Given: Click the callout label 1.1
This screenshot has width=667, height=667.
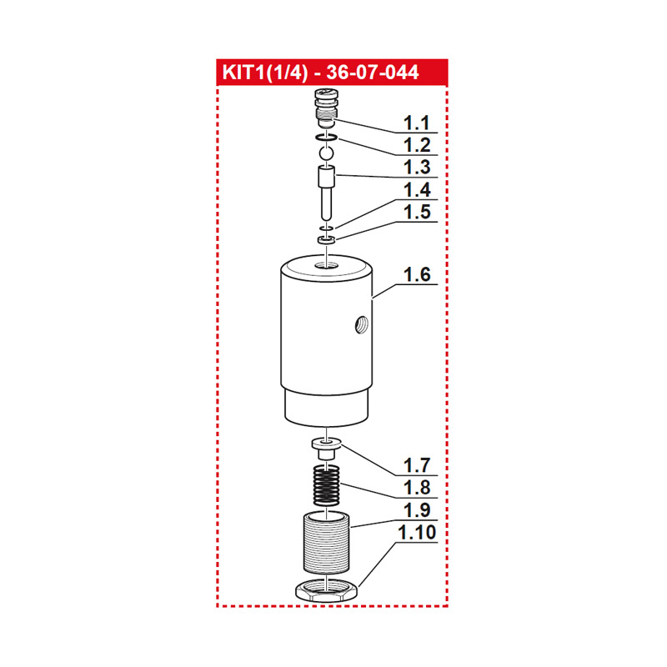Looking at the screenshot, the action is (416, 123).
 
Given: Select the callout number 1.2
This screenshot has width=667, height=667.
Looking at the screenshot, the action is (416, 145).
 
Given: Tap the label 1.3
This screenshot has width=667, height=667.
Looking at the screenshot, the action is (416, 168).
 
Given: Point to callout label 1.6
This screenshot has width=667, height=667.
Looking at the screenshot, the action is (416, 274).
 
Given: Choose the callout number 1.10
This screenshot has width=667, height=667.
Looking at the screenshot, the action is (416, 532).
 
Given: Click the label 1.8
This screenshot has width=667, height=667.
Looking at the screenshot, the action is (416, 488).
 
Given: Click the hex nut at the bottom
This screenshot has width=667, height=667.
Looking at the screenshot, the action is (326, 591).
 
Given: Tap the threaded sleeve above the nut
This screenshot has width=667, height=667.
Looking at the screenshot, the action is (326, 543).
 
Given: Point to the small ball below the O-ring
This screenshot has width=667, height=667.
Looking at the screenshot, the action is (326, 153).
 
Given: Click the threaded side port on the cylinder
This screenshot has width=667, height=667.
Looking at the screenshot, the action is (361, 325).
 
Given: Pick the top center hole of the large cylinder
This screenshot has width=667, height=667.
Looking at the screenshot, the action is (326, 266).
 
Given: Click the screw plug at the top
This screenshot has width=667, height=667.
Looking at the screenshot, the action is (326, 108).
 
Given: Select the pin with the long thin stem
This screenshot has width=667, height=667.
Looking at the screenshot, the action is (326, 193).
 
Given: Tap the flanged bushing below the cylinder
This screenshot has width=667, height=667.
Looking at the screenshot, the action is (326, 448).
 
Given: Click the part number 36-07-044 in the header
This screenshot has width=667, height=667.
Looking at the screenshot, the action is (373, 73).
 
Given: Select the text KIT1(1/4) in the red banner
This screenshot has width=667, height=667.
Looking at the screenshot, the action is (264, 73).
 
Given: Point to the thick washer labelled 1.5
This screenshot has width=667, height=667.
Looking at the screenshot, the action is (326, 240).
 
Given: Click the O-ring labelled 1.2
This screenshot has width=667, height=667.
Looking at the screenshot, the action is (326, 138).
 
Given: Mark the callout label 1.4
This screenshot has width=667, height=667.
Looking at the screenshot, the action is (416, 190).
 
